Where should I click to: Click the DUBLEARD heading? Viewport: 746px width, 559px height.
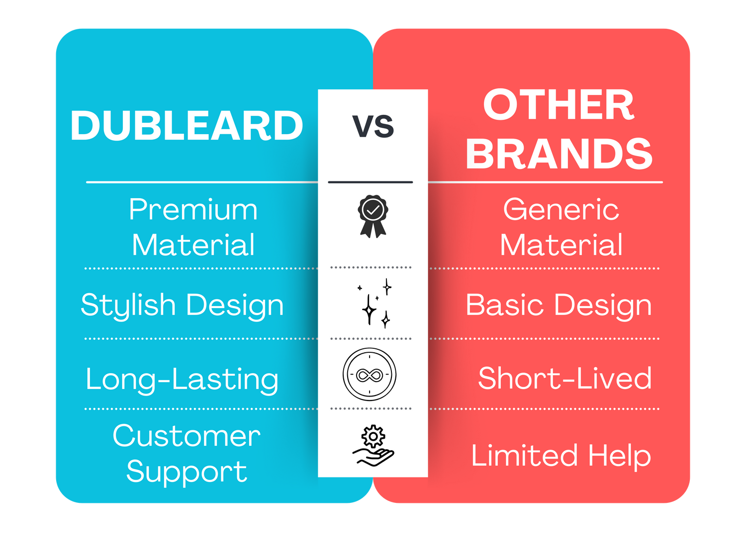coord(186,125)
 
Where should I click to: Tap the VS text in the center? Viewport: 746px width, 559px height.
coord(373,126)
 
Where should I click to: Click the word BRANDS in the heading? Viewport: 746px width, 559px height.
coord(559,154)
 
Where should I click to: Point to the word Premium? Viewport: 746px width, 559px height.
coord(193,209)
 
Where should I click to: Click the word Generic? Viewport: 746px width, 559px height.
coord(561,209)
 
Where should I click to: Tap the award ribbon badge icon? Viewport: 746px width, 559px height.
coord(373,216)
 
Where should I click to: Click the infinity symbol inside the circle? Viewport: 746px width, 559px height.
coord(370,375)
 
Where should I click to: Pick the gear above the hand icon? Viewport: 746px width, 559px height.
coord(373,436)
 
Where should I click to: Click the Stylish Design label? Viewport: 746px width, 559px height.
coord(182,306)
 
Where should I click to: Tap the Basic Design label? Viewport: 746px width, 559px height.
coord(559,306)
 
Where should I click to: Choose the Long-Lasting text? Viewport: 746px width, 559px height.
coord(182,380)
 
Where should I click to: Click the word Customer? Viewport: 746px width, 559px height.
coord(186,436)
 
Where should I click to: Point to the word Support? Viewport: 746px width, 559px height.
coord(186,472)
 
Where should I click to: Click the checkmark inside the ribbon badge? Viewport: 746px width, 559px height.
coord(373,210)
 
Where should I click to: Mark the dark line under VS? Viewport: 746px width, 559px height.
coord(370,182)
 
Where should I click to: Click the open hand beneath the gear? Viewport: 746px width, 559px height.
coord(373,457)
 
